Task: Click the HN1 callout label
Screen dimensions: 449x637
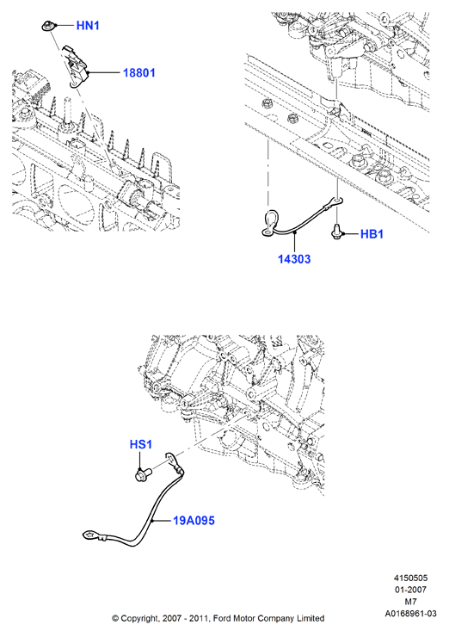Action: click(x=88, y=26)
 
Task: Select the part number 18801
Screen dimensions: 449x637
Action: click(x=138, y=72)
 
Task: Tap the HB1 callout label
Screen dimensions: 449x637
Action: click(x=372, y=234)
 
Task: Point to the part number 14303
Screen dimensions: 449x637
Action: click(x=294, y=259)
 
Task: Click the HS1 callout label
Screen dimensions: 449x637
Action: click(x=141, y=444)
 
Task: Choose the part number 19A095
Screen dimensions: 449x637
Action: click(x=194, y=521)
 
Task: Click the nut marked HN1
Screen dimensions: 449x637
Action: click(x=46, y=27)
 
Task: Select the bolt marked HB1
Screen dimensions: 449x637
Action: click(x=337, y=232)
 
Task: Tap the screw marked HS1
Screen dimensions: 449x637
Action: click(x=143, y=473)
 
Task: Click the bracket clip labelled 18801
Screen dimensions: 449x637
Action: click(x=76, y=65)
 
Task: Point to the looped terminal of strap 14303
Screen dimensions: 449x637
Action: click(x=269, y=222)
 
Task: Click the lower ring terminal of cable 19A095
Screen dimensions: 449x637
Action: click(x=89, y=535)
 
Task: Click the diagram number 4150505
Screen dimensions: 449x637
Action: click(x=410, y=578)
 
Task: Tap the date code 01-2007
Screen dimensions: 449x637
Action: click(x=410, y=590)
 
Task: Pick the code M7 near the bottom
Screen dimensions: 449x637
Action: click(x=410, y=601)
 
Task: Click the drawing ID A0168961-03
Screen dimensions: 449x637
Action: click(x=410, y=614)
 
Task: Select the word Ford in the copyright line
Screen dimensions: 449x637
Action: click(x=222, y=618)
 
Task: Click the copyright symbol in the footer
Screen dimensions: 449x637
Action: click(x=115, y=619)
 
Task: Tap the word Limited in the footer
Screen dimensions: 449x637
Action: click(x=311, y=618)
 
